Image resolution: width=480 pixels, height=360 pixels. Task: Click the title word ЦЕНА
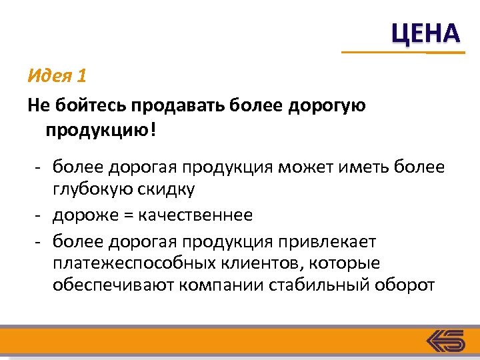pyautogui.click(x=425, y=33)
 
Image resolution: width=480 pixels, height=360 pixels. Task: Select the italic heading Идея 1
pyautogui.click(x=57, y=76)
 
